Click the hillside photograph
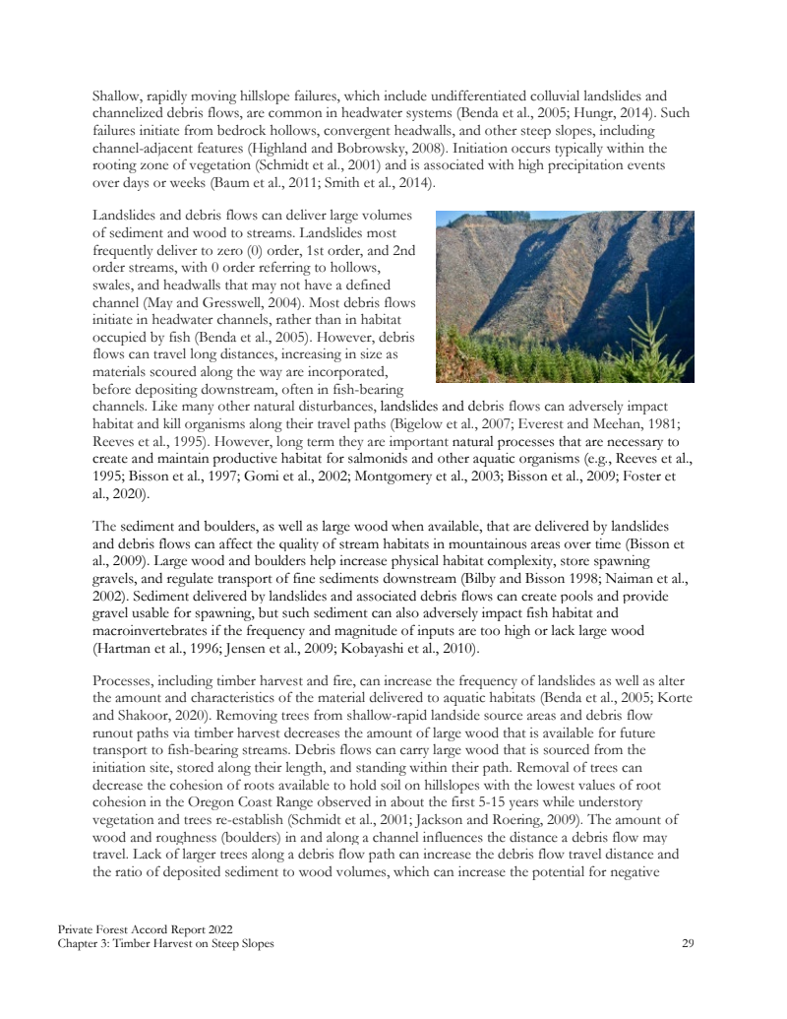pos(564,295)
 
